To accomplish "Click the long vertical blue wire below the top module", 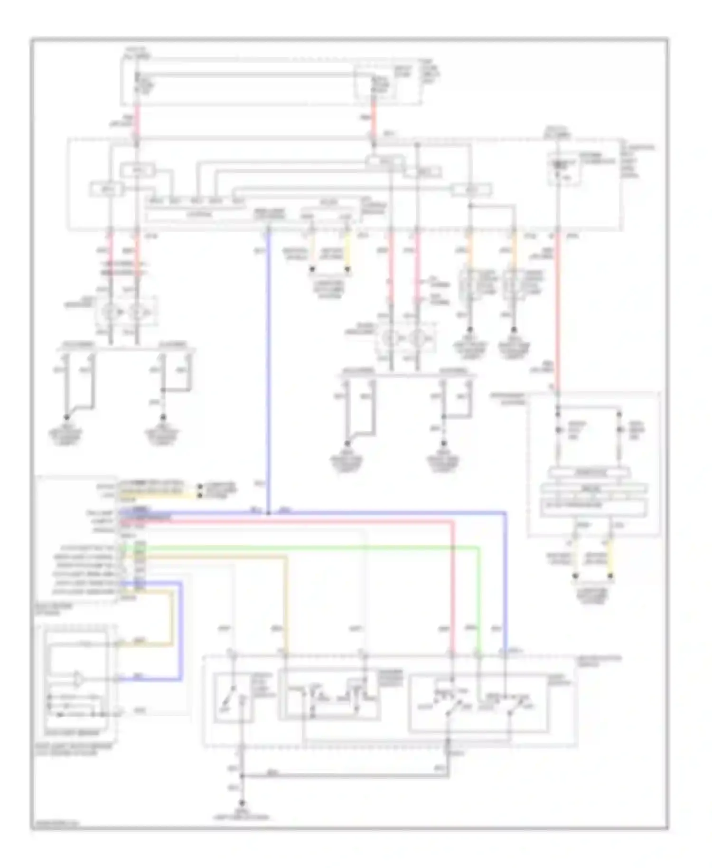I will (x=268, y=370).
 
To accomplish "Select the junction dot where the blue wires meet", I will (x=268, y=513).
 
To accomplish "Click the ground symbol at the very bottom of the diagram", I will (x=243, y=803).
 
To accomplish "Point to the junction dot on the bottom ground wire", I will (x=243, y=777).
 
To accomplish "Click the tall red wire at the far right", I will (x=558, y=309).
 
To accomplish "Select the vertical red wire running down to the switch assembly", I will (x=452, y=589).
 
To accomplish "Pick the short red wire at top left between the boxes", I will (x=138, y=121).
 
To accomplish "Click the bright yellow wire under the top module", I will (x=347, y=252).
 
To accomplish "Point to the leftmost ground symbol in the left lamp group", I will (x=66, y=417).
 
